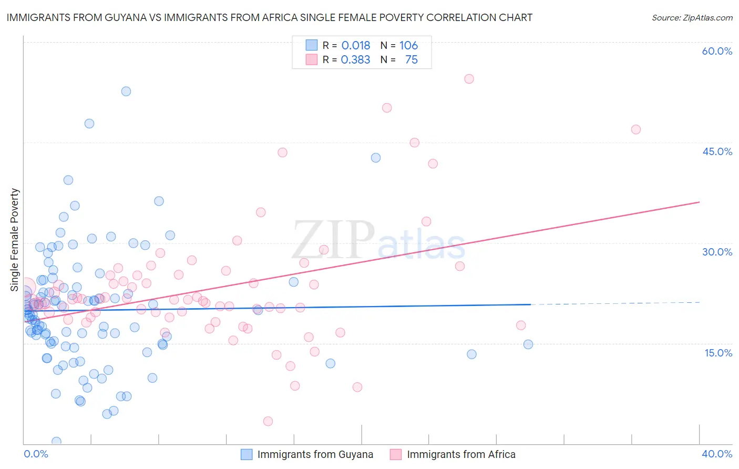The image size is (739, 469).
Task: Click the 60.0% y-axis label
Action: [x=717, y=51]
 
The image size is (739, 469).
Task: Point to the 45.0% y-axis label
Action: [x=717, y=151]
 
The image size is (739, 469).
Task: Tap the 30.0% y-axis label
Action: [x=717, y=252]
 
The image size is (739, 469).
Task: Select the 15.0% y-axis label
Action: [x=718, y=353]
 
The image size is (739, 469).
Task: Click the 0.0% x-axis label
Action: [x=36, y=454]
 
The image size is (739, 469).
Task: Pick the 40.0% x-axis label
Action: [x=717, y=454]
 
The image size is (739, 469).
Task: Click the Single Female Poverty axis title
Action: [x=15, y=240]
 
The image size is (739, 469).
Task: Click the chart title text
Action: [x=269, y=17]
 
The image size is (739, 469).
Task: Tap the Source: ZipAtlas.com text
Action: [x=692, y=17]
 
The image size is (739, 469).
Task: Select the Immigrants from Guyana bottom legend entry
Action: [x=315, y=454]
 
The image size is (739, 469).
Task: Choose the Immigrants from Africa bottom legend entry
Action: [x=461, y=454]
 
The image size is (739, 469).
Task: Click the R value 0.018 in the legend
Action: [x=356, y=46]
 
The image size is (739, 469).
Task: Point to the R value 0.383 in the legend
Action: [x=356, y=60]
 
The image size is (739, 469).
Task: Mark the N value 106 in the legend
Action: [x=408, y=46]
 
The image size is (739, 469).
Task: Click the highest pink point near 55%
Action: [x=469, y=79]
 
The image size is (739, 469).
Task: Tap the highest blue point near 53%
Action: [x=126, y=91]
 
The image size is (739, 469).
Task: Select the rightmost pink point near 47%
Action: [x=636, y=129]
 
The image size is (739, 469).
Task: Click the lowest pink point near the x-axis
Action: [x=268, y=421]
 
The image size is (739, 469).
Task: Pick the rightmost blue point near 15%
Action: [x=528, y=344]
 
